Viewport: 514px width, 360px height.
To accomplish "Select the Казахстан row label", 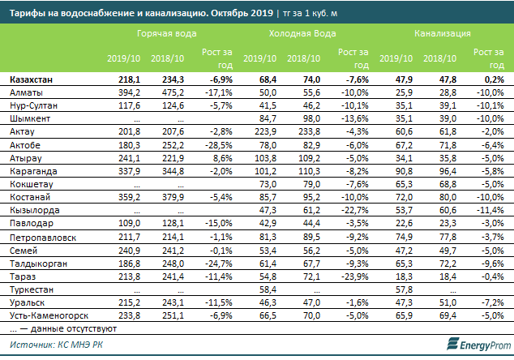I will click(x=30, y=80).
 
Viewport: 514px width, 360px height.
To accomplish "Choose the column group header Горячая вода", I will click(x=165, y=36).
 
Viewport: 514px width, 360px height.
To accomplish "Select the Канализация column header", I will click(x=443, y=36).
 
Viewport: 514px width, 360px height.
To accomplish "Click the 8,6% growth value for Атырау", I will click(x=222, y=155).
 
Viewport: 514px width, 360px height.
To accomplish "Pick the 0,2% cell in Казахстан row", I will click(x=493, y=80).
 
